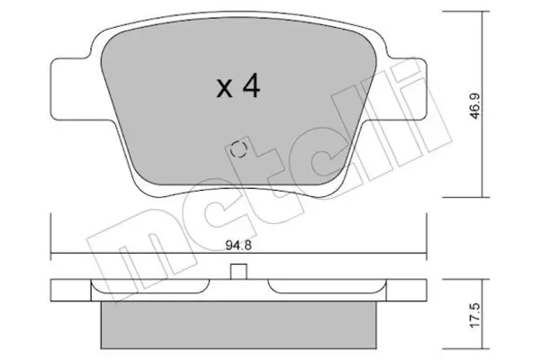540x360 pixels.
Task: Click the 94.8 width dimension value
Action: coord(238,246)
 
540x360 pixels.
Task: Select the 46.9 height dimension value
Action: coord(475,106)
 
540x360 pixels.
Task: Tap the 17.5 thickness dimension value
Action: coord(475,316)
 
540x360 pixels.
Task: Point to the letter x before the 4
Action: coord(224,89)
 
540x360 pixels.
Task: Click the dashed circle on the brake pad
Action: coord(238,149)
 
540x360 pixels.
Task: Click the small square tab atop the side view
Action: coord(238,272)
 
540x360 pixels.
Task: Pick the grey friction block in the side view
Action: coord(238,325)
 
